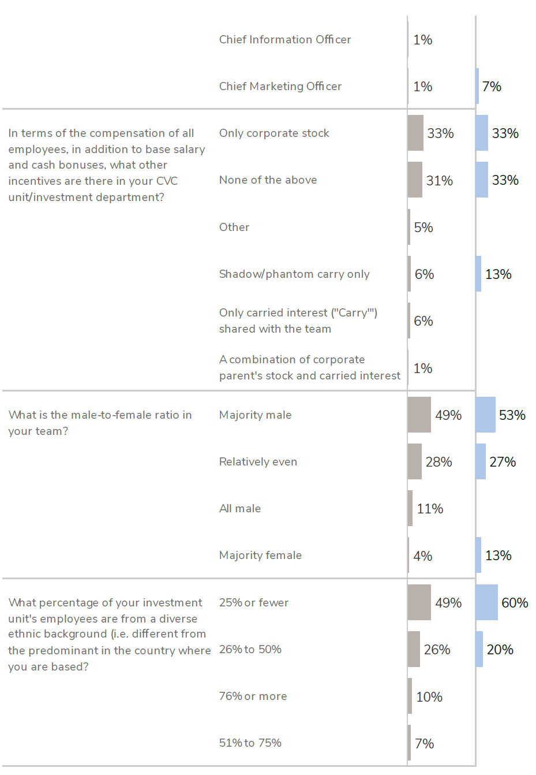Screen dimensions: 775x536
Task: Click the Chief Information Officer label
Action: coord(285,39)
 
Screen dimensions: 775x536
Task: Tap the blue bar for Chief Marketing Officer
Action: coord(477,86)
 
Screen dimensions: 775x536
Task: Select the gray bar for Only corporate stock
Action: coord(415,133)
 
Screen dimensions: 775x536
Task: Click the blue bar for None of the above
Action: coord(482,180)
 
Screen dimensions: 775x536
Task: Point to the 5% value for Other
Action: coord(423,228)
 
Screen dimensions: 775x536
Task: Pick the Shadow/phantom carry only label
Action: coord(294,274)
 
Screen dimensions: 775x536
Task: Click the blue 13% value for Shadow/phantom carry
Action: coord(498,274)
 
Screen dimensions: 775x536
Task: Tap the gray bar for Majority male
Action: coord(419,415)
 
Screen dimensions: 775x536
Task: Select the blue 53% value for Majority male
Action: coord(512,415)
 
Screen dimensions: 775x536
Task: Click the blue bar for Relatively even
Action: coord(481,461)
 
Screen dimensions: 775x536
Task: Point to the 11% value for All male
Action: coord(430,509)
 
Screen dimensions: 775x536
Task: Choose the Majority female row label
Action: coord(260,555)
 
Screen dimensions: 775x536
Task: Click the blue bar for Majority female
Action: coord(478,555)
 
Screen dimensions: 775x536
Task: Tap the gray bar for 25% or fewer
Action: coord(419,602)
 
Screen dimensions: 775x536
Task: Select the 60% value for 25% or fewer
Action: coord(515,603)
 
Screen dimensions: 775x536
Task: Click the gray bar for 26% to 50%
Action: coord(414,649)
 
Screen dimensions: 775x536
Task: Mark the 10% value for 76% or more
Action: coord(429,697)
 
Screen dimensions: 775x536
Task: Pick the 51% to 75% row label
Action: coord(250,743)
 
